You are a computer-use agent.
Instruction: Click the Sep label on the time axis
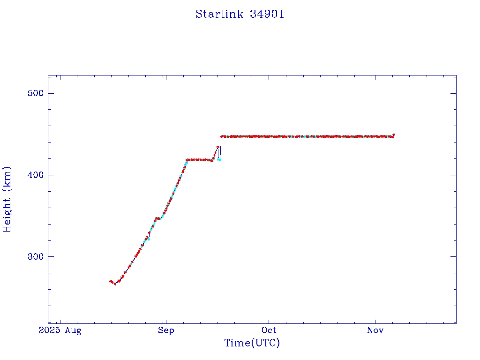166,331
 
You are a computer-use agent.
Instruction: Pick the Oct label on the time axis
270,331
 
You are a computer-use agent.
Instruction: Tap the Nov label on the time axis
375,331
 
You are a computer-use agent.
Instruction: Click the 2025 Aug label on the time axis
60,331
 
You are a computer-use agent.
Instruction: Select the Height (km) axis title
7,199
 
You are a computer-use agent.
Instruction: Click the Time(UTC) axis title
252,343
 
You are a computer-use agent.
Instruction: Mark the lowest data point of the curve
115,284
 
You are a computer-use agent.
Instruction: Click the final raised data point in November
394,135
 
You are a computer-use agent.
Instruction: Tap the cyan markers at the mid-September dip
219,159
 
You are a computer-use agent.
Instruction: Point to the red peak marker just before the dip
217,147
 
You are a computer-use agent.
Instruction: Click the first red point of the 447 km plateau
221,136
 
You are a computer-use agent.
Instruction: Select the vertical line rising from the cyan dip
221,148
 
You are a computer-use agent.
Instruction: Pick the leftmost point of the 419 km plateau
187,160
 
